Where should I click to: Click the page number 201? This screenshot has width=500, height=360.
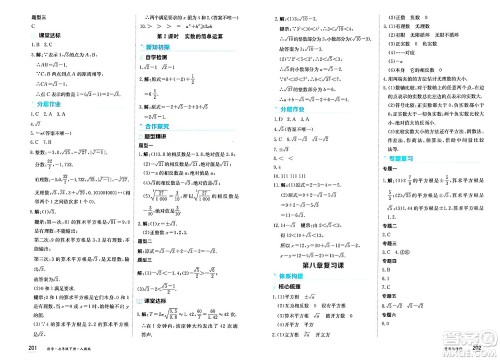coord(12,347)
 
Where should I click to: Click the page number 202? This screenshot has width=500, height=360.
coord(489,347)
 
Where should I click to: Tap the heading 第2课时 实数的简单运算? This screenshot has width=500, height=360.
coord(185,34)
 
